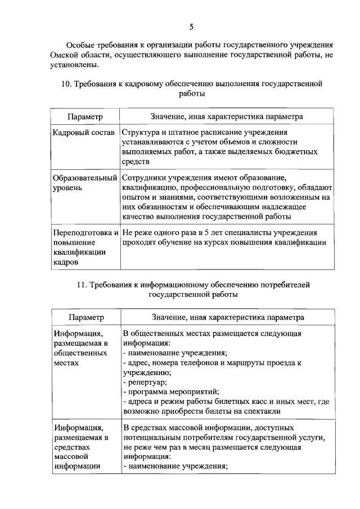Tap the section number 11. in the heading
coord(82,285)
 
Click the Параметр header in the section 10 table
coord(85,116)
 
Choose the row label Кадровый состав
coord(83,132)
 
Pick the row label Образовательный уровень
coord(84,182)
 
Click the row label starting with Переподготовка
coord(85,232)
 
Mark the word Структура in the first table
coord(142,132)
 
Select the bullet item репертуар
coord(145,381)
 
